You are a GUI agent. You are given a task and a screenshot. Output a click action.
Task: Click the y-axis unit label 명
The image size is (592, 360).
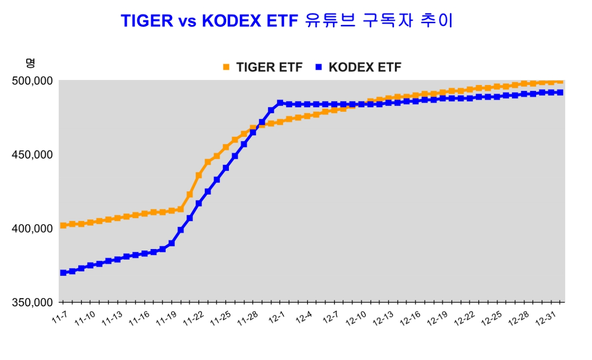[x=31, y=62]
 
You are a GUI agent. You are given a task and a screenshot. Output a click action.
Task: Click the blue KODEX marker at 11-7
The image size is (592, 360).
[x=63, y=273]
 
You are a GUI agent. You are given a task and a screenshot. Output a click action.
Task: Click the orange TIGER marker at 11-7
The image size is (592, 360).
[x=63, y=226]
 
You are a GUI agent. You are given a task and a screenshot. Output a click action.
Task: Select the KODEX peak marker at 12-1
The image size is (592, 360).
[x=280, y=103]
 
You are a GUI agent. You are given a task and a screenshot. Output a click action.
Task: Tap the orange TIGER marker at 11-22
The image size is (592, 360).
[x=199, y=176]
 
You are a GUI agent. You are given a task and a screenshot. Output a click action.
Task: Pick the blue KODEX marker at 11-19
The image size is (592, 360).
[x=172, y=243]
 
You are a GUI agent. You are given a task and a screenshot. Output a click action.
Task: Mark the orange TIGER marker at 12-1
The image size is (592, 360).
[x=280, y=122]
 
